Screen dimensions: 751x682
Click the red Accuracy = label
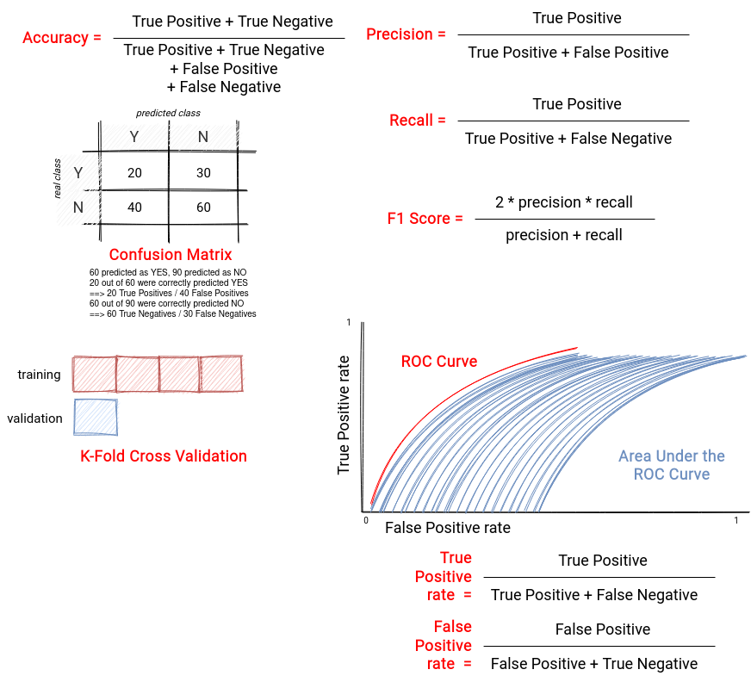pyautogui.click(x=62, y=37)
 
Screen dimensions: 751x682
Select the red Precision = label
pyautogui.click(x=406, y=34)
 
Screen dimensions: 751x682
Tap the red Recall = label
pyautogui.click(x=417, y=121)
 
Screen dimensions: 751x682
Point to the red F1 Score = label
pyautogui.click(x=425, y=219)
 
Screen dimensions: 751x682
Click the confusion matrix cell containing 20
pyautogui.click(x=134, y=172)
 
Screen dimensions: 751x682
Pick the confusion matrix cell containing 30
pyautogui.click(x=203, y=172)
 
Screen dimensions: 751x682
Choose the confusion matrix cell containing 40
pyautogui.click(x=134, y=208)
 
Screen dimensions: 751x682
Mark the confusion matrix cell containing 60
pyautogui.click(x=203, y=208)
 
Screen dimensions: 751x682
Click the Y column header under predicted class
pyautogui.click(x=134, y=137)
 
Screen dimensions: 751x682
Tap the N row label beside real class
pyautogui.click(x=78, y=208)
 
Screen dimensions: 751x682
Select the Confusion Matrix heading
pyautogui.click(x=171, y=254)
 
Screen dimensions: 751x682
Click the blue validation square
pyautogui.click(x=96, y=417)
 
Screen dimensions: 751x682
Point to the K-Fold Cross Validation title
pyautogui.click(x=164, y=456)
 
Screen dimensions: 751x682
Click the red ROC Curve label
pyautogui.click(x=439, y=361)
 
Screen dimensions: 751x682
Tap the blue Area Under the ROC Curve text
pyautogui.click(x=672, y=465)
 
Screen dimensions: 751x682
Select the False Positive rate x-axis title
pyautogui.click(x=448, y=528)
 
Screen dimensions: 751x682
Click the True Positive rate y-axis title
pyautogui.click(x=344, y=415)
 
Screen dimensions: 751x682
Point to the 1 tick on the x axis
pyautogui.click(x=736, y=521)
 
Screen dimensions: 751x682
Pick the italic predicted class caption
pyautogui.click(x=168, y=113)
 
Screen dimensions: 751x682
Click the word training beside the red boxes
pyautogui.click(x=40, y=375)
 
